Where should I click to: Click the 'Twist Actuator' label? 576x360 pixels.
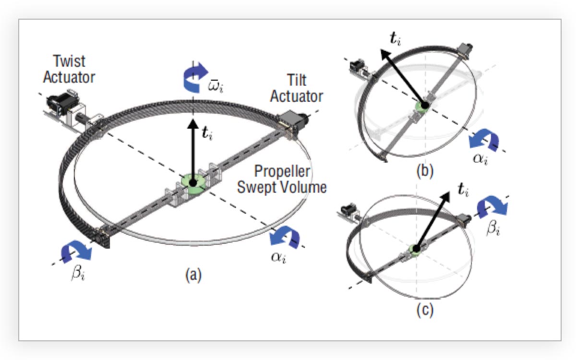[x=70, y=69]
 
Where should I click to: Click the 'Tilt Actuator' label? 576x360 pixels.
[x=297, y=89]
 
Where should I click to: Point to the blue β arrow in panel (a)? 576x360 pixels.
[x=76, y=251]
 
